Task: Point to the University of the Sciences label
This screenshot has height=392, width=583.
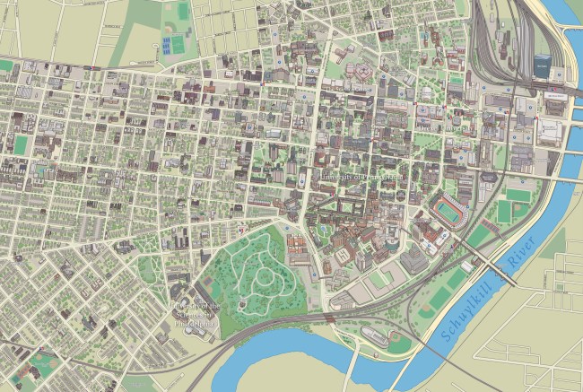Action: point(196,314)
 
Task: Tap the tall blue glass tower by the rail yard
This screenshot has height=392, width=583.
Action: point(543,65)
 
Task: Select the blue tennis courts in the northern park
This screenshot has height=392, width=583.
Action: point(172,43)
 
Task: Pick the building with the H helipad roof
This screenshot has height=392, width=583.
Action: point(363,71)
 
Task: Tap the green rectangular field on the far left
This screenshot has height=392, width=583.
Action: point(20,144)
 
